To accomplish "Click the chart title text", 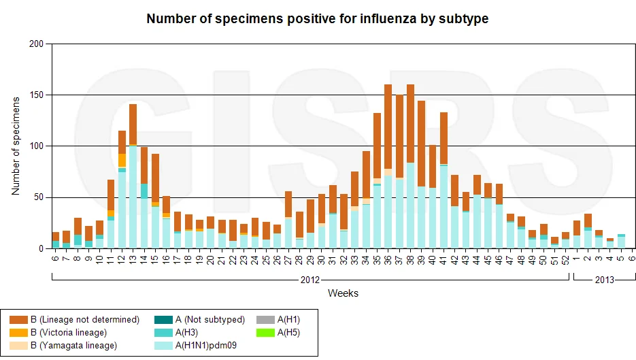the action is click(317, 18).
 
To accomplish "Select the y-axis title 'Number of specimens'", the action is click(16, 146).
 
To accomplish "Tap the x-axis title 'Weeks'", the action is click(343, 293).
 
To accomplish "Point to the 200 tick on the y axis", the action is click(36, 44).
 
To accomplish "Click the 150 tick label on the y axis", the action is click(36, 95).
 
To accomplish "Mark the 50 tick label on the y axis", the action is click(38, 197).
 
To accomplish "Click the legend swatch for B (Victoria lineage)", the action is click(18, 333).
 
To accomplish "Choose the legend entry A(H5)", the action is click(278, 333).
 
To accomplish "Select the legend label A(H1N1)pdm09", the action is click(195, 346).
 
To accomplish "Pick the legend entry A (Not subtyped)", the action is click(199, 320).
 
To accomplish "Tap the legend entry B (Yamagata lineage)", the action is click(63, 346).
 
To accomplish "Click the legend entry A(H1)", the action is click(278, 320).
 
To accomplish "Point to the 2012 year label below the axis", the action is click(310, 280).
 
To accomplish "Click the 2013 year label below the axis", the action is click(604, 280).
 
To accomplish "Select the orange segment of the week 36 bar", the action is click(388, 127).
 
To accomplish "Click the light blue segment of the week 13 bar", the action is click(133, 197).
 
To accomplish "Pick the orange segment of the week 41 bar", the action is click(443, 138).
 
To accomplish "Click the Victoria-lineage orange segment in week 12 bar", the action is click(122, 161).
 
